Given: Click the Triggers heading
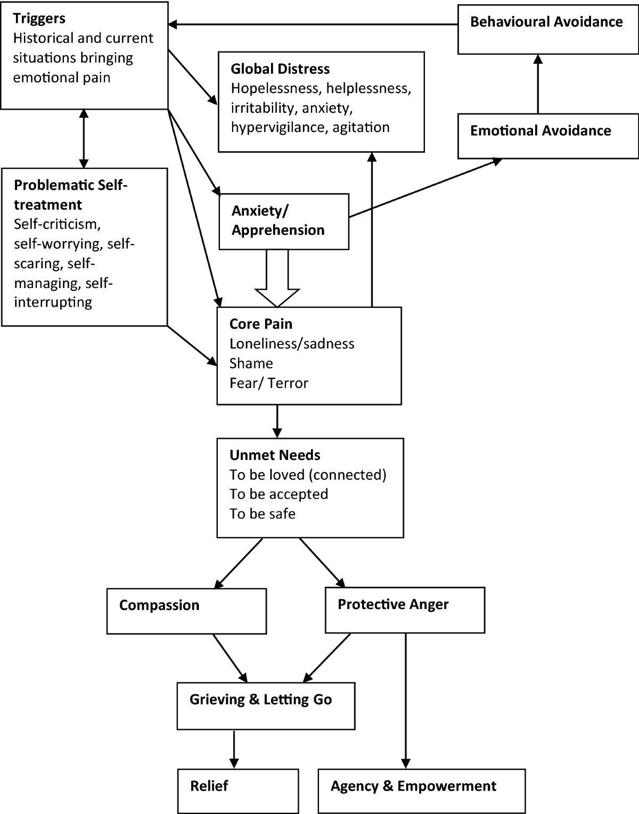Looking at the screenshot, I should (x=39, y=19).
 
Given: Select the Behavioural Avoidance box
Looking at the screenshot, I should (x=547, y=28).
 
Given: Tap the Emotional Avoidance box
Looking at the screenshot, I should (x=547, y=135).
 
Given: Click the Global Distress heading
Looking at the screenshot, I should (x=280, y=69).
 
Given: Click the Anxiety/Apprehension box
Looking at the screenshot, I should (x=284, y=221).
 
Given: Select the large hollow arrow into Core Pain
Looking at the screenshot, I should (x=277, y=279).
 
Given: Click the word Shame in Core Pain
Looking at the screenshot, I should (x=251, y=364).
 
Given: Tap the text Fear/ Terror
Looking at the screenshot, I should (x=269, y=383).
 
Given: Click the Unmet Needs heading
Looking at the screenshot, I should (x=275, y=455).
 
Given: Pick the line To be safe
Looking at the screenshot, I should (x=263, y=514).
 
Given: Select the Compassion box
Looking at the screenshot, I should (x=186, y=611).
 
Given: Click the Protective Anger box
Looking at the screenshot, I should (x=405, y=610).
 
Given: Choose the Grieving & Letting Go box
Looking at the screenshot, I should (x=266, y=705).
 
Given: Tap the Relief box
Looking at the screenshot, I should (x=237, y=791).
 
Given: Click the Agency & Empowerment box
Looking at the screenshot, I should (x=421, y=791).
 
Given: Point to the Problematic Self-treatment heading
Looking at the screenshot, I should (x=71, y=195).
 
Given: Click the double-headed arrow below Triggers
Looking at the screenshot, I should (x=83, y=138).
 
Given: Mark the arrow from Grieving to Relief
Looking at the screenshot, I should (x=234, y=749).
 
